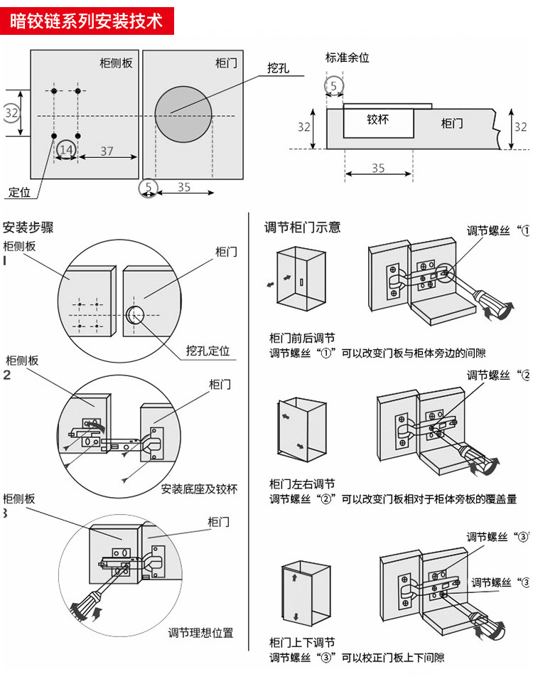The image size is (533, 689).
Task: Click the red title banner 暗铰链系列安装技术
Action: click(86, 20)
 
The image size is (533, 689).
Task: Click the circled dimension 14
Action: click(66, 149)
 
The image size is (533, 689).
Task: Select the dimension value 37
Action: click(107, 151)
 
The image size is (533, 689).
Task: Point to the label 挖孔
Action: click(278, 68)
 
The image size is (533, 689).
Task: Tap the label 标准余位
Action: click(348, 58)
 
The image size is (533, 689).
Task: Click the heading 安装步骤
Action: click(28, 228)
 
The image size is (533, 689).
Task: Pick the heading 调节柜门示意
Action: click(302, 228)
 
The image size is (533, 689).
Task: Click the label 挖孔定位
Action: click(208, 351)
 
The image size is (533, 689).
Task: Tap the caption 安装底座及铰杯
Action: click(199, 488)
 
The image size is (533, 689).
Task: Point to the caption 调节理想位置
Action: click(200, 632)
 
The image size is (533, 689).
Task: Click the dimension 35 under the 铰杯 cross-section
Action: click(378, 169)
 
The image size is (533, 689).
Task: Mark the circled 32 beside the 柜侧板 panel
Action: click(11, 113)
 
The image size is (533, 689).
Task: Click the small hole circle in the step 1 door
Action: click(135, 314)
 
